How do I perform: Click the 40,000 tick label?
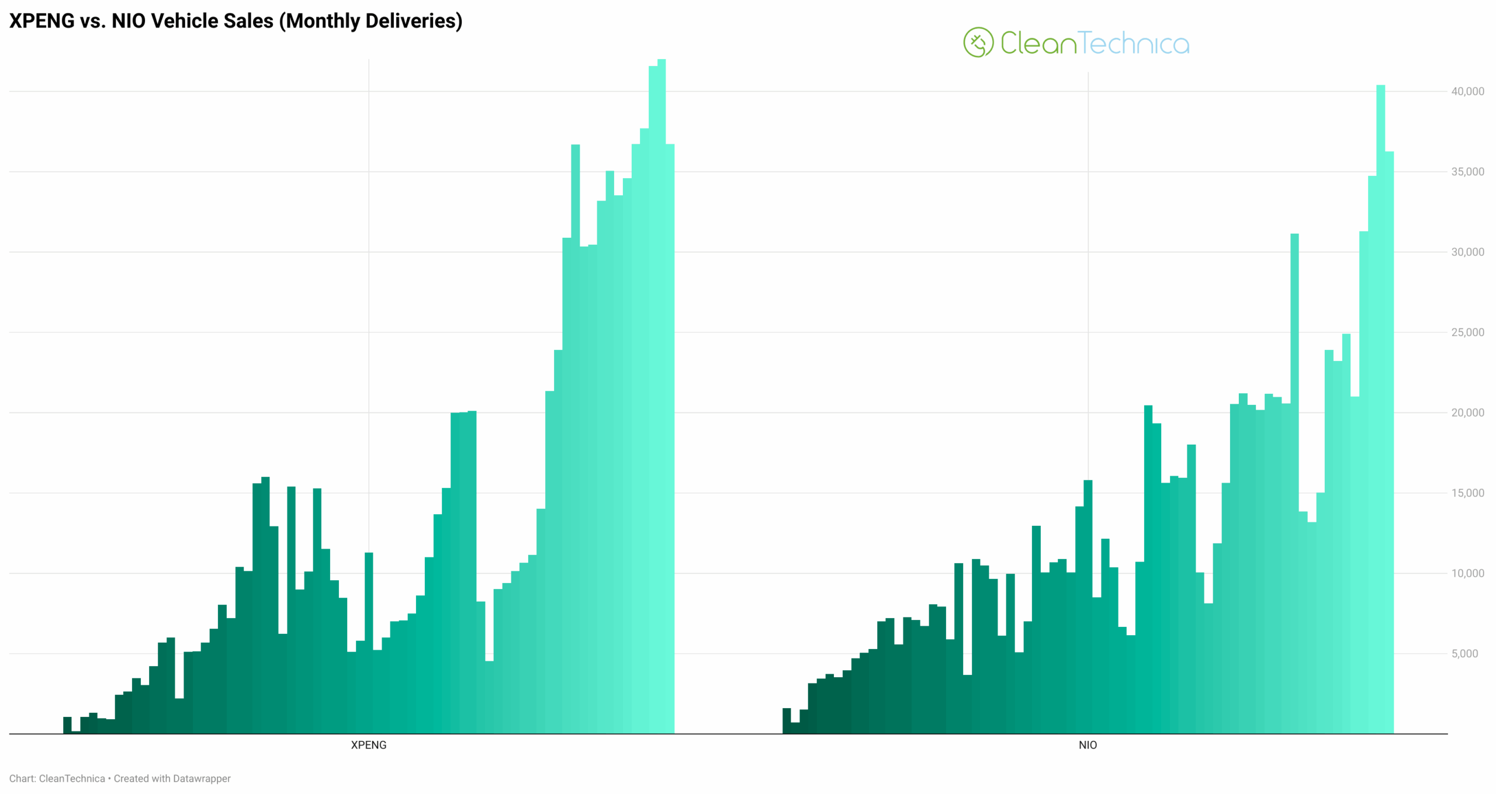(1467, 91)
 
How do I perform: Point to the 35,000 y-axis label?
(1467, 172)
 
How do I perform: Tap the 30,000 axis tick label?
(1467, 252)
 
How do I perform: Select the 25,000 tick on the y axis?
(1467, 332)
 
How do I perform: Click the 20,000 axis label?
(1467, 412)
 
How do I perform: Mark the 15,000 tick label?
(1467, 493)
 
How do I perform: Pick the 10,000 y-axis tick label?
(1467, 573)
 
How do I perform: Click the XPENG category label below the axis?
(368, 745)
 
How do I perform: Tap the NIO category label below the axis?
(1088, 745)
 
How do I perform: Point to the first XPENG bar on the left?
(67, 725)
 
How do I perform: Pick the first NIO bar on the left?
(787, 721)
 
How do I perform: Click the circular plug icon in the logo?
(978, 42)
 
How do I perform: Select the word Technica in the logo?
(1134, 43)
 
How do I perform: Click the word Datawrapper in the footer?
(202, 778)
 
